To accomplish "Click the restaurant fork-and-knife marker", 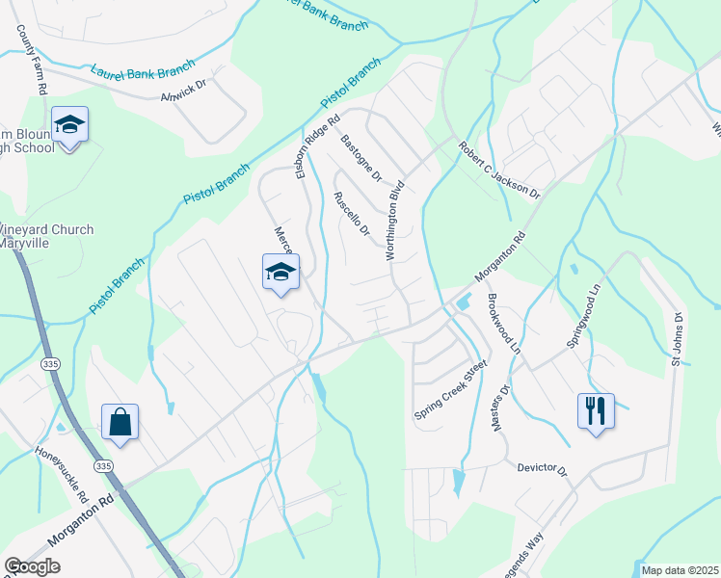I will click(x=595, y=411).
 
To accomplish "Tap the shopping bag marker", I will click(x=120, y=422).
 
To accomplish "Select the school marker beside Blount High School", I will click(x=69, y=125).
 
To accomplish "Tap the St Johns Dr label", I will click(x=677, y=338).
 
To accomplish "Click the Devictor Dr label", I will click(x=542, y=469).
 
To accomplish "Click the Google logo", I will click(x=32, y=566).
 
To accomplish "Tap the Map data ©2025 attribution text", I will click(x=679, y=570).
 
